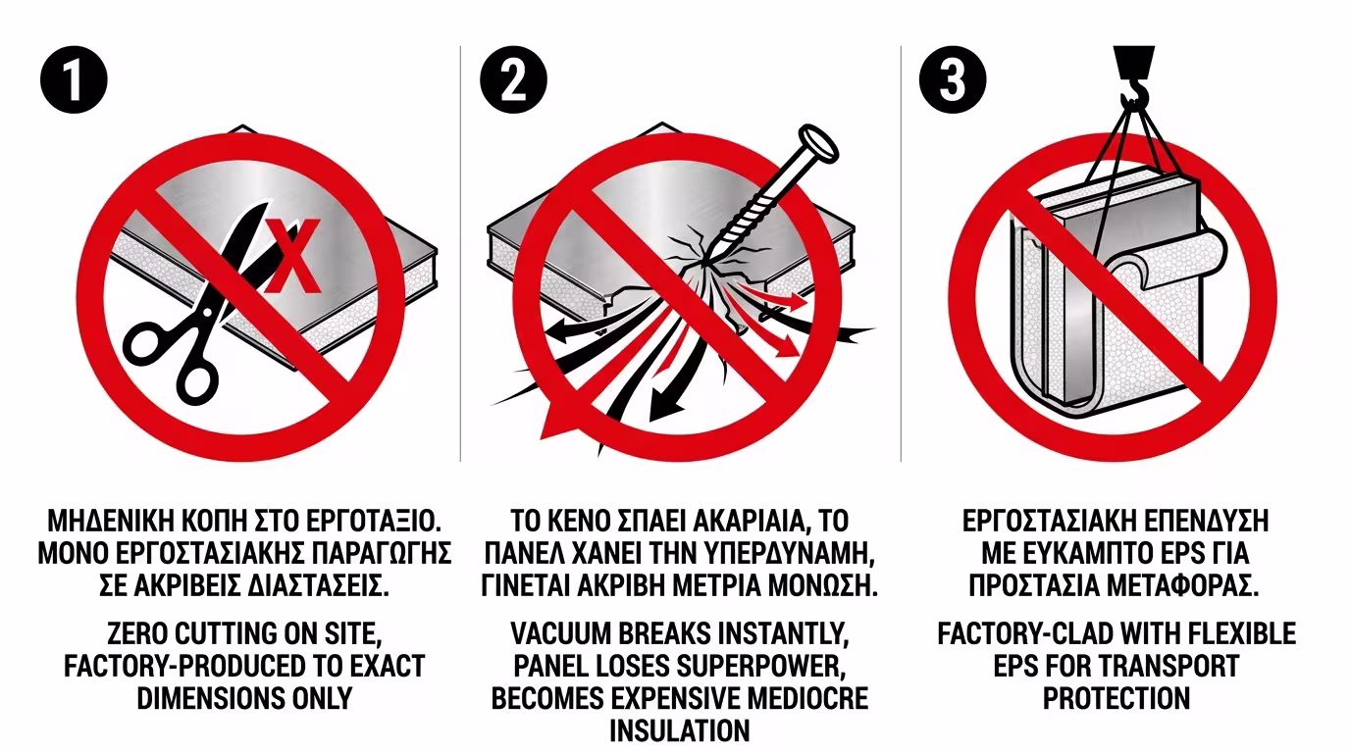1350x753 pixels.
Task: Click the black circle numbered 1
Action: click(x=74, y=79)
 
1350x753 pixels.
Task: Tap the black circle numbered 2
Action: click(x=513, y=79)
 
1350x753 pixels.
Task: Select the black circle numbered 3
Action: click(x=953, y=79)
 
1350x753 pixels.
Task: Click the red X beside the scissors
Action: click(x=293, y=256)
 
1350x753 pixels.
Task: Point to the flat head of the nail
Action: click(x=818, y=143)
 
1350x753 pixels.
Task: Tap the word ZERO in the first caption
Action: click(x=136, y=633)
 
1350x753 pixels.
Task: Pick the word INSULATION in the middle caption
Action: click(x=680, y=730)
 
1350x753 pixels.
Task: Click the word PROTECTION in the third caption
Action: click(x=1116, y=699)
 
